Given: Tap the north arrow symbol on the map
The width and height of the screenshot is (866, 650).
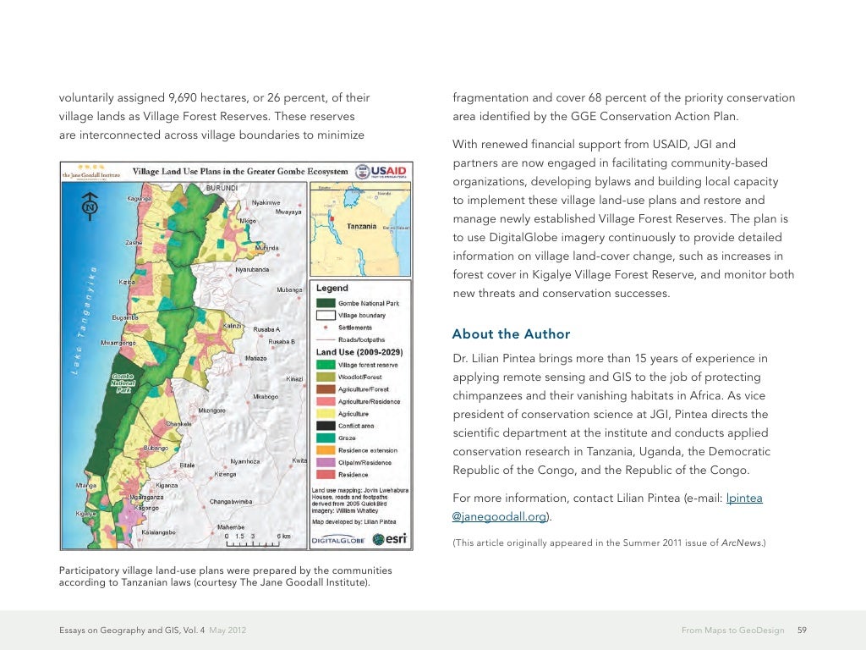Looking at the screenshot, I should pos(89,207).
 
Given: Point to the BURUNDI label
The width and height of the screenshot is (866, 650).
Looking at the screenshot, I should pos(222,185).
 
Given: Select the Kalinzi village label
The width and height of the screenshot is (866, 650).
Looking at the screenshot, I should pos(233,326).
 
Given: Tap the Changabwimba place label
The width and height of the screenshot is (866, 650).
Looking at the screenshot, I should pos(231,501).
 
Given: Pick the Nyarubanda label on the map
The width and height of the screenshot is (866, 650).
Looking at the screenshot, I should pos(252,269).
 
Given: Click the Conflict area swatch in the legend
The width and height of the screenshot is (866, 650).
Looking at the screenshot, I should pos(326,426).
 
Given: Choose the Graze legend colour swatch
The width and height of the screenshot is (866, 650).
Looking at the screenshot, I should pos(326,438).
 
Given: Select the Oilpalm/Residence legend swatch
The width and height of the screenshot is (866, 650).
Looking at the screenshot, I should pos(326,463).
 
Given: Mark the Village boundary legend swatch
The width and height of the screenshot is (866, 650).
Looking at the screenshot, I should pos(326,315).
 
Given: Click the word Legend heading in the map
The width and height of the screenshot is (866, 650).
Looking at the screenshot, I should pos(332,289).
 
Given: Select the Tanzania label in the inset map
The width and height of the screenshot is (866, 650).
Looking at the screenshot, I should pos(362,226).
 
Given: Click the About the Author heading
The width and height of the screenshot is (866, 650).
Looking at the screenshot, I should pos(511,334).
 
